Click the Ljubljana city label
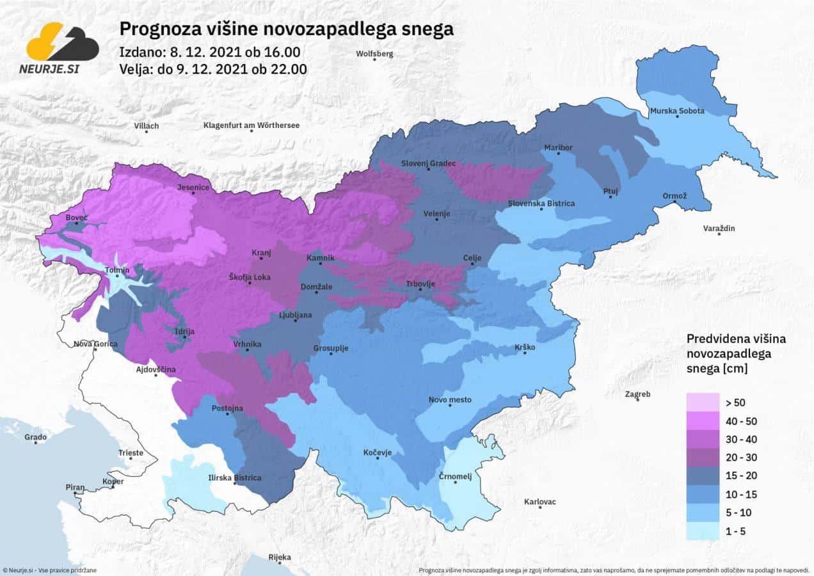tap(295, 315)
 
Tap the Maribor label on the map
tap(558, 148)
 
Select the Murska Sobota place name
tap(677, 111)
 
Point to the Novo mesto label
tap(450, 400)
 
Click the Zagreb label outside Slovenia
tap(638, 394)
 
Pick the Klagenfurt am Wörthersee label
tap(251, 125)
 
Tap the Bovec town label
tap(77, 218)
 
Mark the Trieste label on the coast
tap(131, 453)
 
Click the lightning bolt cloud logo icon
tap(63, 42)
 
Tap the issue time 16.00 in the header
tap(285, 52)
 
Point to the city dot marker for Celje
tap(472, 264)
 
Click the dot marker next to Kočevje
tap(378, 460)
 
